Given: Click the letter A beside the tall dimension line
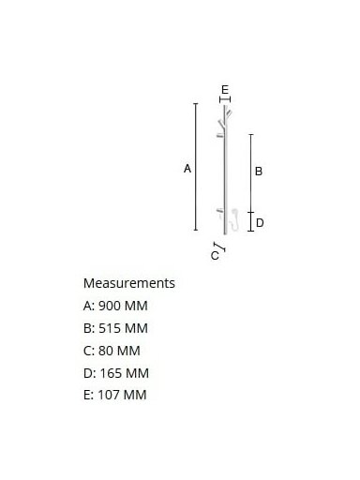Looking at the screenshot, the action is (x=187, y=169).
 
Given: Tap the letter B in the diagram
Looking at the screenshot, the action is (x=259, y=172).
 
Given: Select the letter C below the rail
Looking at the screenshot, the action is (x=215, y=256).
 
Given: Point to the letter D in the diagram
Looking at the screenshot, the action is (x=260, y=223).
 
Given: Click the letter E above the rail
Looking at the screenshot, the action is (x=225, y=90).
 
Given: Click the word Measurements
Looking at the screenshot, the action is (x=129, y=283).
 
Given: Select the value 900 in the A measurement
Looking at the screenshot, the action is (x=110, y=306).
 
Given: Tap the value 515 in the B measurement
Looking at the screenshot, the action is (x=110, y=328).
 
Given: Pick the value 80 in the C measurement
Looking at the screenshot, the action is (x=106, y=351).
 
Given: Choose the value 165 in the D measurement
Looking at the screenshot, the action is (x=111, y=373).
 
